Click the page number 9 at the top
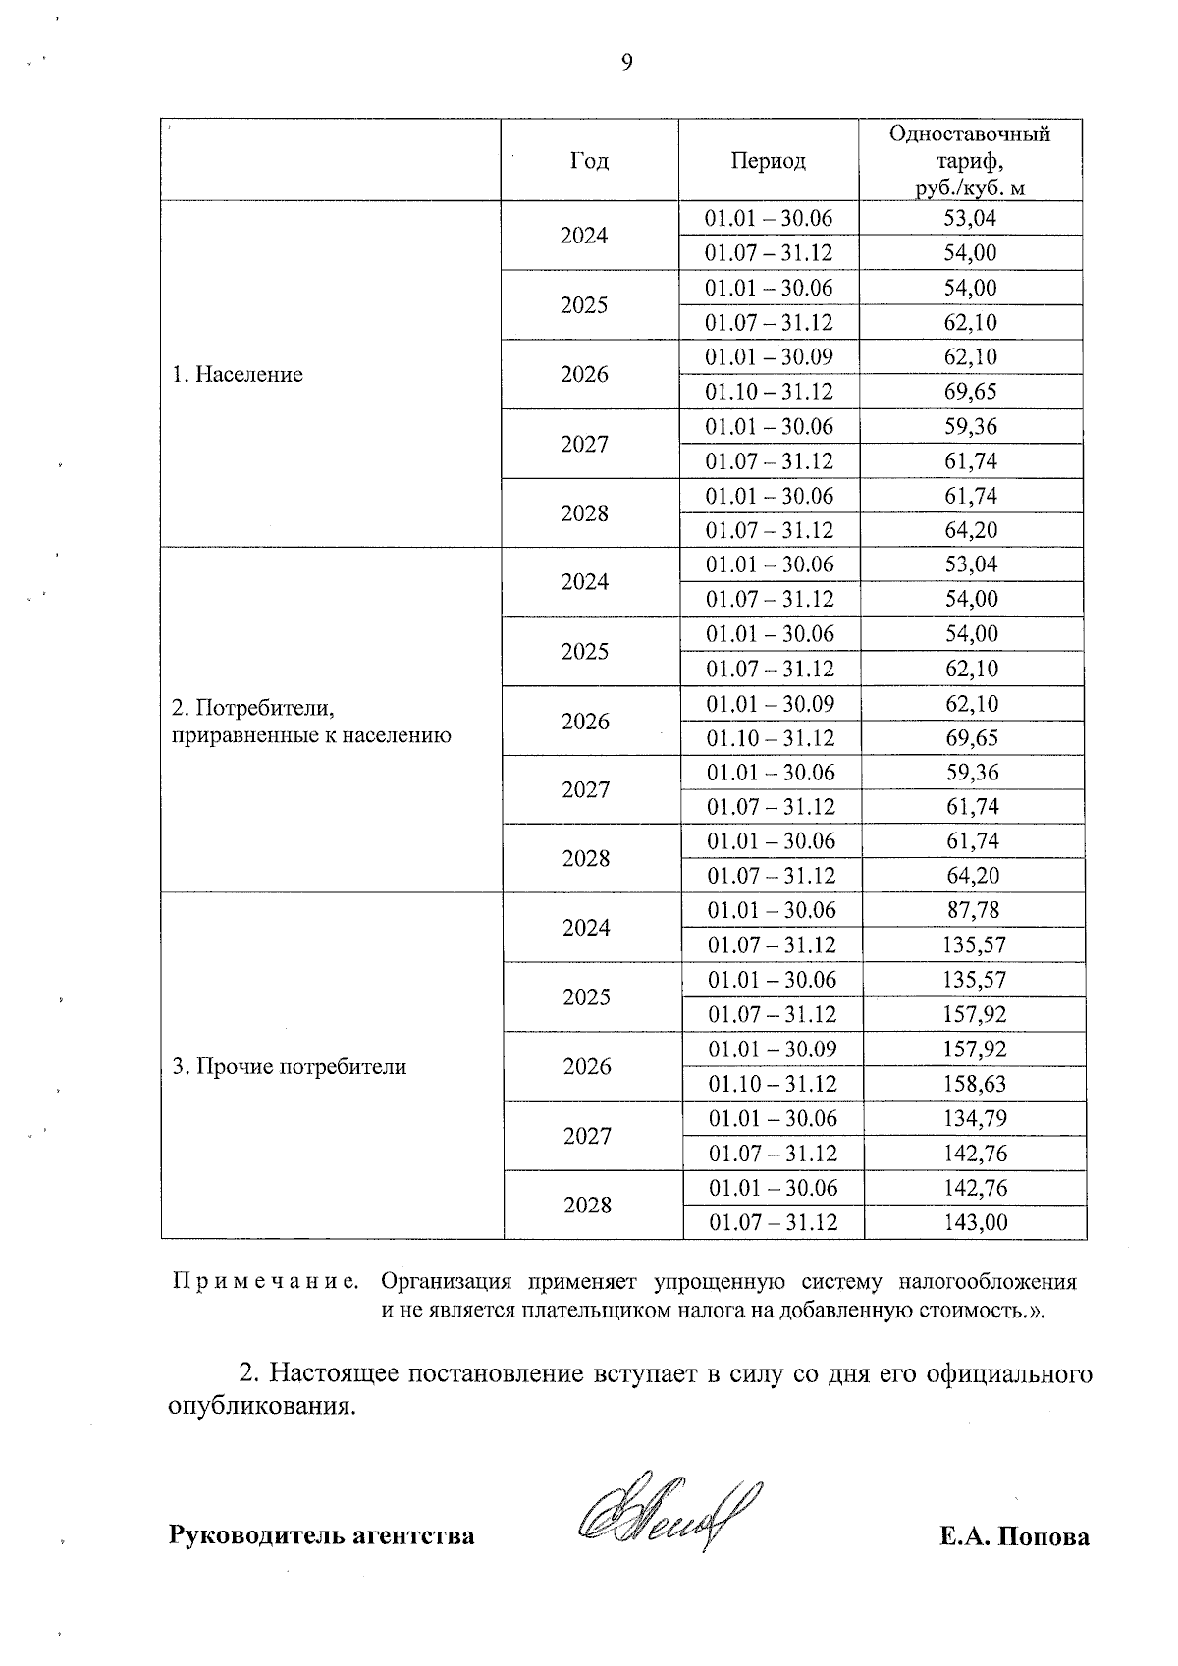click(x=627, y=63)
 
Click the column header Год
click(x=589, y=161)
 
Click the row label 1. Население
click(x=238, y=374)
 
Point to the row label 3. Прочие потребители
click(x=290, y=1067)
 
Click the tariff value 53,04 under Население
click(x=970, y=218)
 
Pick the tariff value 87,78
click(x=973, y=910)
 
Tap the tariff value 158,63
click(x=975, y=1084)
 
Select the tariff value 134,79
click(x=975, y=1118)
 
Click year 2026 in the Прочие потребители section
click(x=587, y=1067)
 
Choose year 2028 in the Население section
click(x=585, y=513)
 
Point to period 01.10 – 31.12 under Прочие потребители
click(x=773, y=1084)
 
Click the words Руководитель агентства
click(x=322, y=1535)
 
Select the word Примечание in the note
click(x=265, y=1282)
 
